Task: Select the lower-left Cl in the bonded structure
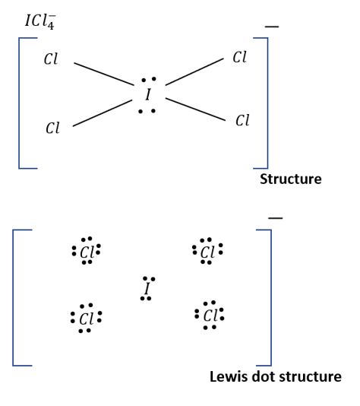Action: [52, 128]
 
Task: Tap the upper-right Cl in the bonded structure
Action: [239, 59]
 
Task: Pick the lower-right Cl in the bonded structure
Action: [242, 120]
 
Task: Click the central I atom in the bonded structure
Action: [148, 95]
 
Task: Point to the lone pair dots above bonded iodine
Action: [150, 80]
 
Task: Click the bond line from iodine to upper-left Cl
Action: [103, 75]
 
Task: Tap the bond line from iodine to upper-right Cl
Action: [193, 75]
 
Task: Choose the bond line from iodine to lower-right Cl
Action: [194, 109]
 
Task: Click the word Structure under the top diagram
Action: [291, 180]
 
